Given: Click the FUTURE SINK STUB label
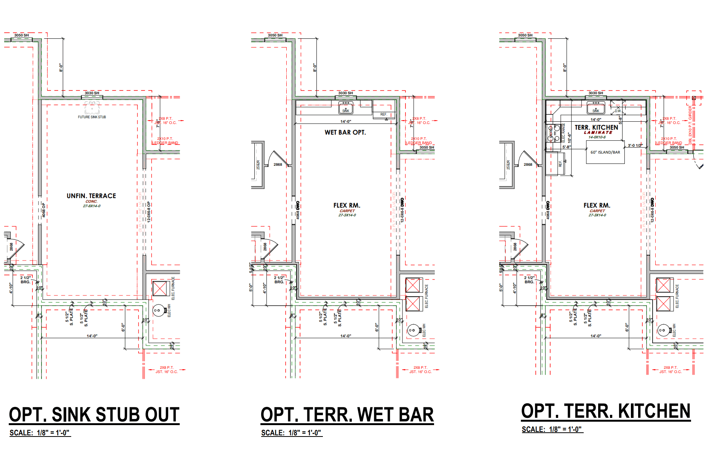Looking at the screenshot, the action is pyautogui.click(x=92, y=117).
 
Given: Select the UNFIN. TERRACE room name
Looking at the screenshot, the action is pyautogui.click(x=91, y=196).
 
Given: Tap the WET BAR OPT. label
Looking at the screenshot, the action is pyautogui.click(x=345, y=132).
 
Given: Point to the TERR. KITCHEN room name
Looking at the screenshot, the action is pyautogui.click(x=596, y=127).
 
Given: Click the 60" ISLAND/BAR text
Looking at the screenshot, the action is pyautogui.click(x=605, y=152).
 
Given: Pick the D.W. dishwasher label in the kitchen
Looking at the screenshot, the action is pyautogui.click(x=618, y=111).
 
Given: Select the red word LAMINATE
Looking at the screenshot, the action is pyautogui.click(x=598, y=133).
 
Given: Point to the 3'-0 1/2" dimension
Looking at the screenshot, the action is pyautogui.click(x=635, y=146).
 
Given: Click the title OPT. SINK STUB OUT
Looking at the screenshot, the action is pyautogui.click(x=94, y=414).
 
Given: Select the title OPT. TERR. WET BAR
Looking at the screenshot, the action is pyautogui.click(x=347, y=414).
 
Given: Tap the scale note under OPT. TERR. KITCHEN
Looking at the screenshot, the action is pyautogui.click(x=552, y=429).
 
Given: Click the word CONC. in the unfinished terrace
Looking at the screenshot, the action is pyautogui.click(x=91, y=202).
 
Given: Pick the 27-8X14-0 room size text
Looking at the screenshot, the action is pyautogui.click(x=92, y=206).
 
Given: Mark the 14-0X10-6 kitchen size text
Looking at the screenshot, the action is pyautogui.click(x=597, y=137).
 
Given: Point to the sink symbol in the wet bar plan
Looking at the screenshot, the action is pyautogui.click(x=345, y=108).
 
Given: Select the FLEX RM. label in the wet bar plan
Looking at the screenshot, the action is pyautogui.click(x=346, y=205).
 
